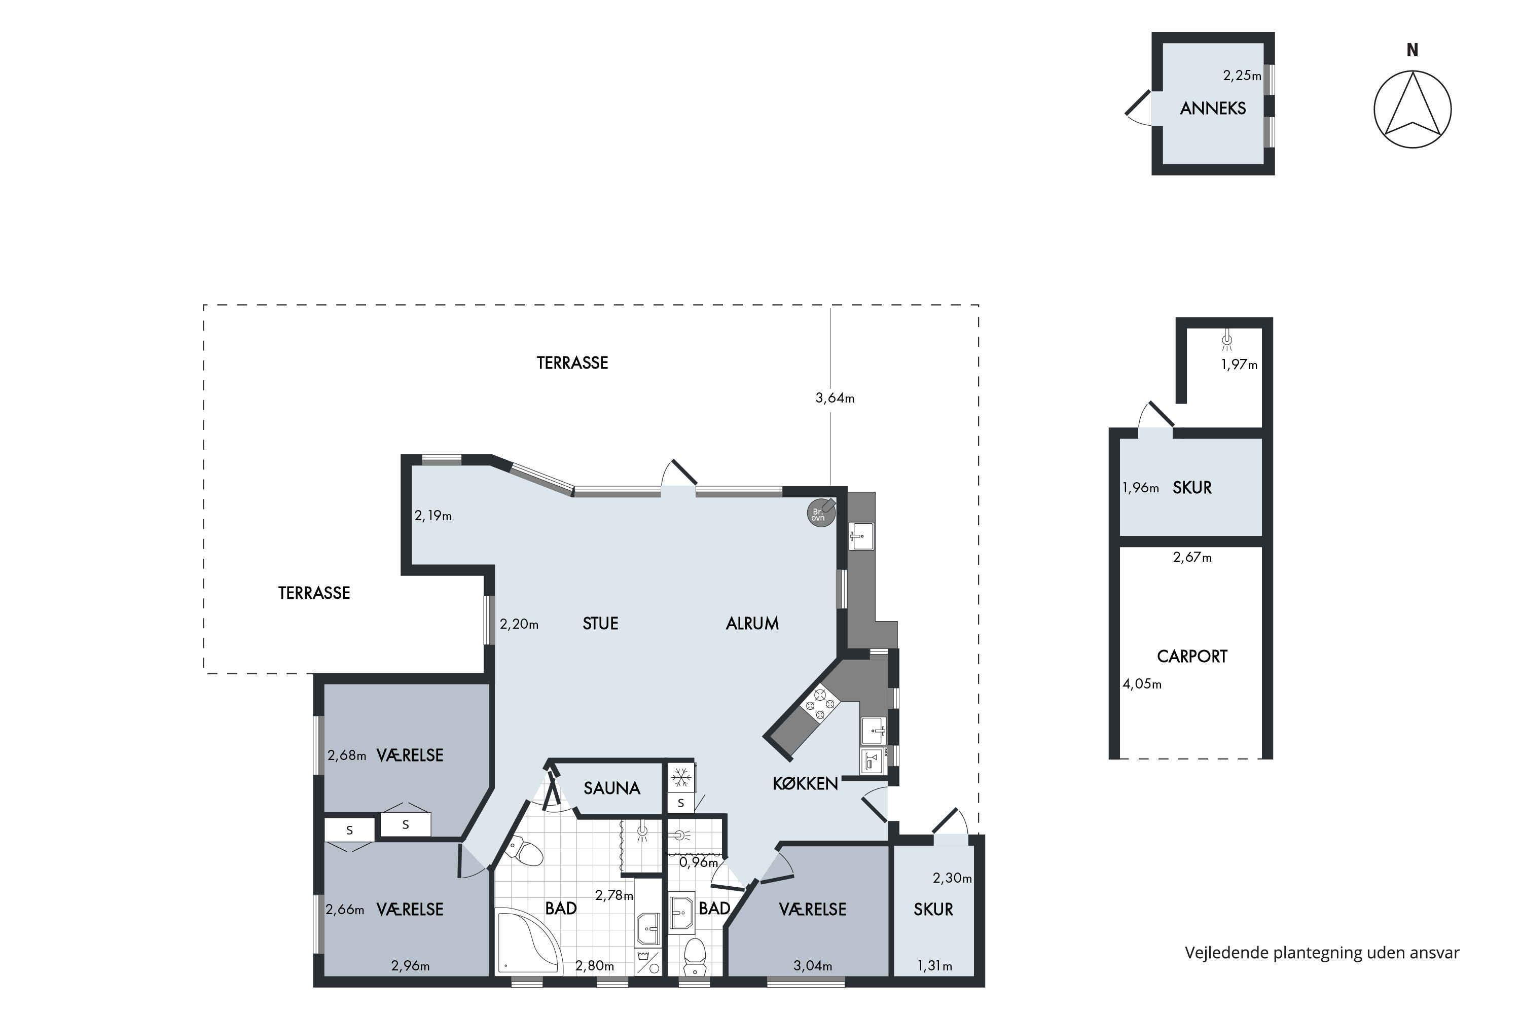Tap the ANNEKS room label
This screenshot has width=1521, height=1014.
(1213, 108)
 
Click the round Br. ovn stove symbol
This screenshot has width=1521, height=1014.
(821, 514)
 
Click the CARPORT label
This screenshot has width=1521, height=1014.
(1192, 657)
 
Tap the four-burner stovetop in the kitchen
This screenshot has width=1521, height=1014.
(820, 704)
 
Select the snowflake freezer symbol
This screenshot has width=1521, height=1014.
(680, 777)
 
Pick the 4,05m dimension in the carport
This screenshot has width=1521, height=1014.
(1142, 683)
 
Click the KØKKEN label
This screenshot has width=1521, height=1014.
(805, 784)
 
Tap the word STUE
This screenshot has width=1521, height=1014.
(600, 624)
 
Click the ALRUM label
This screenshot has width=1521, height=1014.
(752, 624)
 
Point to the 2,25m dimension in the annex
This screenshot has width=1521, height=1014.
(1242, 76)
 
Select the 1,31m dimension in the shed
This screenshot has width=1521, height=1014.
(934, 966)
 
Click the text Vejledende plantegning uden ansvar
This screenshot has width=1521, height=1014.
(1322, 953)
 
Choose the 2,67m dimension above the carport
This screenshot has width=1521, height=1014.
(1192, 557)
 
